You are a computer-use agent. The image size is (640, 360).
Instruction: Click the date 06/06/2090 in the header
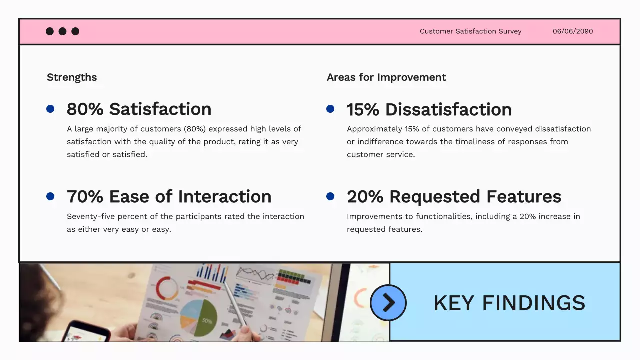(572, 31)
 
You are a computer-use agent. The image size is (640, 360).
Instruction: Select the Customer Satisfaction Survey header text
(470, 31)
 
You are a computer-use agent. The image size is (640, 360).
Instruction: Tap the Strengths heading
(72, 77)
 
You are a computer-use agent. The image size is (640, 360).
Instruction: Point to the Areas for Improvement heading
(386, 77)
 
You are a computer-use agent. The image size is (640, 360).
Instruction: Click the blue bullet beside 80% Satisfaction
(50, 109)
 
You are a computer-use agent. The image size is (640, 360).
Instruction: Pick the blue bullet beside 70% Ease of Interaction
(50, 196)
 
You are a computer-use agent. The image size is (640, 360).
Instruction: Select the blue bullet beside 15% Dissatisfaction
(330, 109)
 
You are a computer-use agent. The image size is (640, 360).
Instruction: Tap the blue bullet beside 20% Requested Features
(330, 196)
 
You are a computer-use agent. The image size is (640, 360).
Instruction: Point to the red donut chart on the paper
(167, 289)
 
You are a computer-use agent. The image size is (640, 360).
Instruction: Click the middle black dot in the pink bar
(62, 31)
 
